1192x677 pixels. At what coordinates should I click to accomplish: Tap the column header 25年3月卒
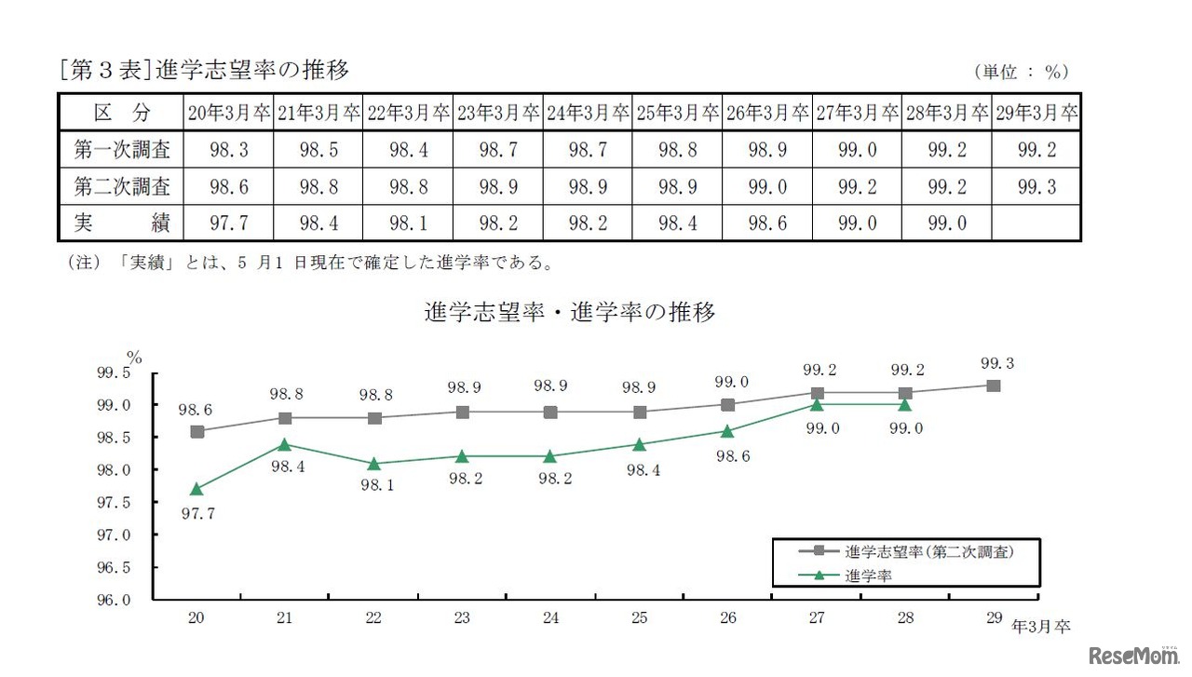point(677,113)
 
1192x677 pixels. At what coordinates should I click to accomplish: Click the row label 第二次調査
point(122,186)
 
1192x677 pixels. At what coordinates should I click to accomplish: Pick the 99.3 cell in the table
point(1036,186)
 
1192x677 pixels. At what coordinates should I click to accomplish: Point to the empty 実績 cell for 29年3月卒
point(1036,223)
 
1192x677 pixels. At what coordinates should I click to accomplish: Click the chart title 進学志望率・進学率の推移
point(570,313)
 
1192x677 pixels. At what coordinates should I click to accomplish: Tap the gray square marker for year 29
point(994,386)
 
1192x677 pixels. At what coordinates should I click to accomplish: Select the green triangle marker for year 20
point(197,489)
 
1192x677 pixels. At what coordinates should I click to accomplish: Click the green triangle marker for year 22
point(373,463)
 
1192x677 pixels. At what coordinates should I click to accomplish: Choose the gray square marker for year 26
point(728,405)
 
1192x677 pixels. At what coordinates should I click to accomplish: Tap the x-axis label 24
point(550,618)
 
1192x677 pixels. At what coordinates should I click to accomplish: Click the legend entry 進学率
point(868,576)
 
